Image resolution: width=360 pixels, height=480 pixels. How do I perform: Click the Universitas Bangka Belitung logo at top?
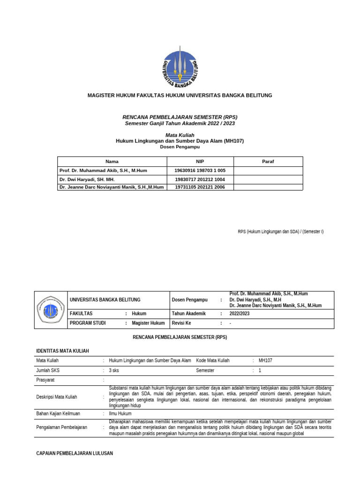click(x=180, y=67)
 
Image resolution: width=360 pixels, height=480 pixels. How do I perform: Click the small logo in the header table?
click(x=51, y=310)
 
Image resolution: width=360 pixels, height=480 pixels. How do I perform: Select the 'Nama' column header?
click(x=112, y=161)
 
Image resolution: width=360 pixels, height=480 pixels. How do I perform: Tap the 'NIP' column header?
click(x=200, y=161)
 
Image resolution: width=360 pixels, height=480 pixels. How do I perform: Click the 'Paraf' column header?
click(x=268, y=161)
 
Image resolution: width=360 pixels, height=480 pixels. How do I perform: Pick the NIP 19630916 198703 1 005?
click(x=200, y=171)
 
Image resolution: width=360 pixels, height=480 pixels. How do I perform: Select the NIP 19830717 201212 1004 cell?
click(x=200, y=180)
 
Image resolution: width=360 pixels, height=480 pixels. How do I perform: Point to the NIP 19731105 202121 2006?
click(x=200, y=187)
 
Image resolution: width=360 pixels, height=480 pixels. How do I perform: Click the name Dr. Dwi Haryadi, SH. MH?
click(x=87, y=180)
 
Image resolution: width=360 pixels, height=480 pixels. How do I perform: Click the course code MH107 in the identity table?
click(x=265, y=360)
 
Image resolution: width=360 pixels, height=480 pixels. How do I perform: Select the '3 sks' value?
click(x=114, y=370)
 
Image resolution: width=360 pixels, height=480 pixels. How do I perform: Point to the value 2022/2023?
click(x=240, y=314)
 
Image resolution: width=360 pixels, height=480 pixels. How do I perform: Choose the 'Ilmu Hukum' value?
click(x=120, y=414)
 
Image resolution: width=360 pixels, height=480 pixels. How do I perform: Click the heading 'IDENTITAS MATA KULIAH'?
click(x=62, y=351)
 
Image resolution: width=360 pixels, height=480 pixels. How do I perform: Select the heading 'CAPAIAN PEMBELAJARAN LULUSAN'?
click(x=75, y=454)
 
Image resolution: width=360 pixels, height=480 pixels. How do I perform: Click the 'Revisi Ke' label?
click(x=182, y=323)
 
